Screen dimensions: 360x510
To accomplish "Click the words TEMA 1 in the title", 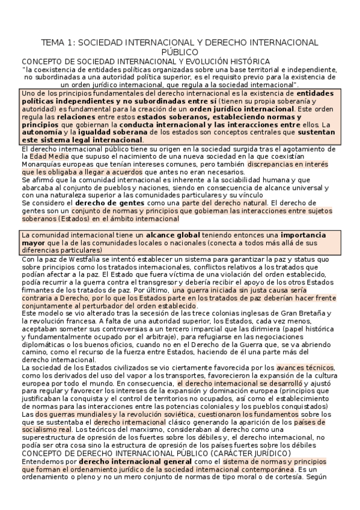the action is pyautogui.click(x=57, y=43).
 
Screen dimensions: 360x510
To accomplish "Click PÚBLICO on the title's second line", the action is pyautogui.click(x=180, y=52).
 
